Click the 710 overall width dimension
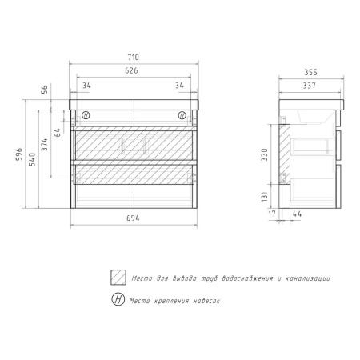click(133, 58)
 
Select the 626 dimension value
click(133, 71)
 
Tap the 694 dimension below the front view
click(133, 219)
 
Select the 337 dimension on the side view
click(308, 84)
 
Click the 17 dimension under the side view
click(273, 214)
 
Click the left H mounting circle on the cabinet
click(86, 114)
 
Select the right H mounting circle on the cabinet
click(182, 114)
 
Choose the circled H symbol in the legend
click(118, 300)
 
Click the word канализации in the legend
click(304, 278)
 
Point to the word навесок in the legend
click(202, 301)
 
